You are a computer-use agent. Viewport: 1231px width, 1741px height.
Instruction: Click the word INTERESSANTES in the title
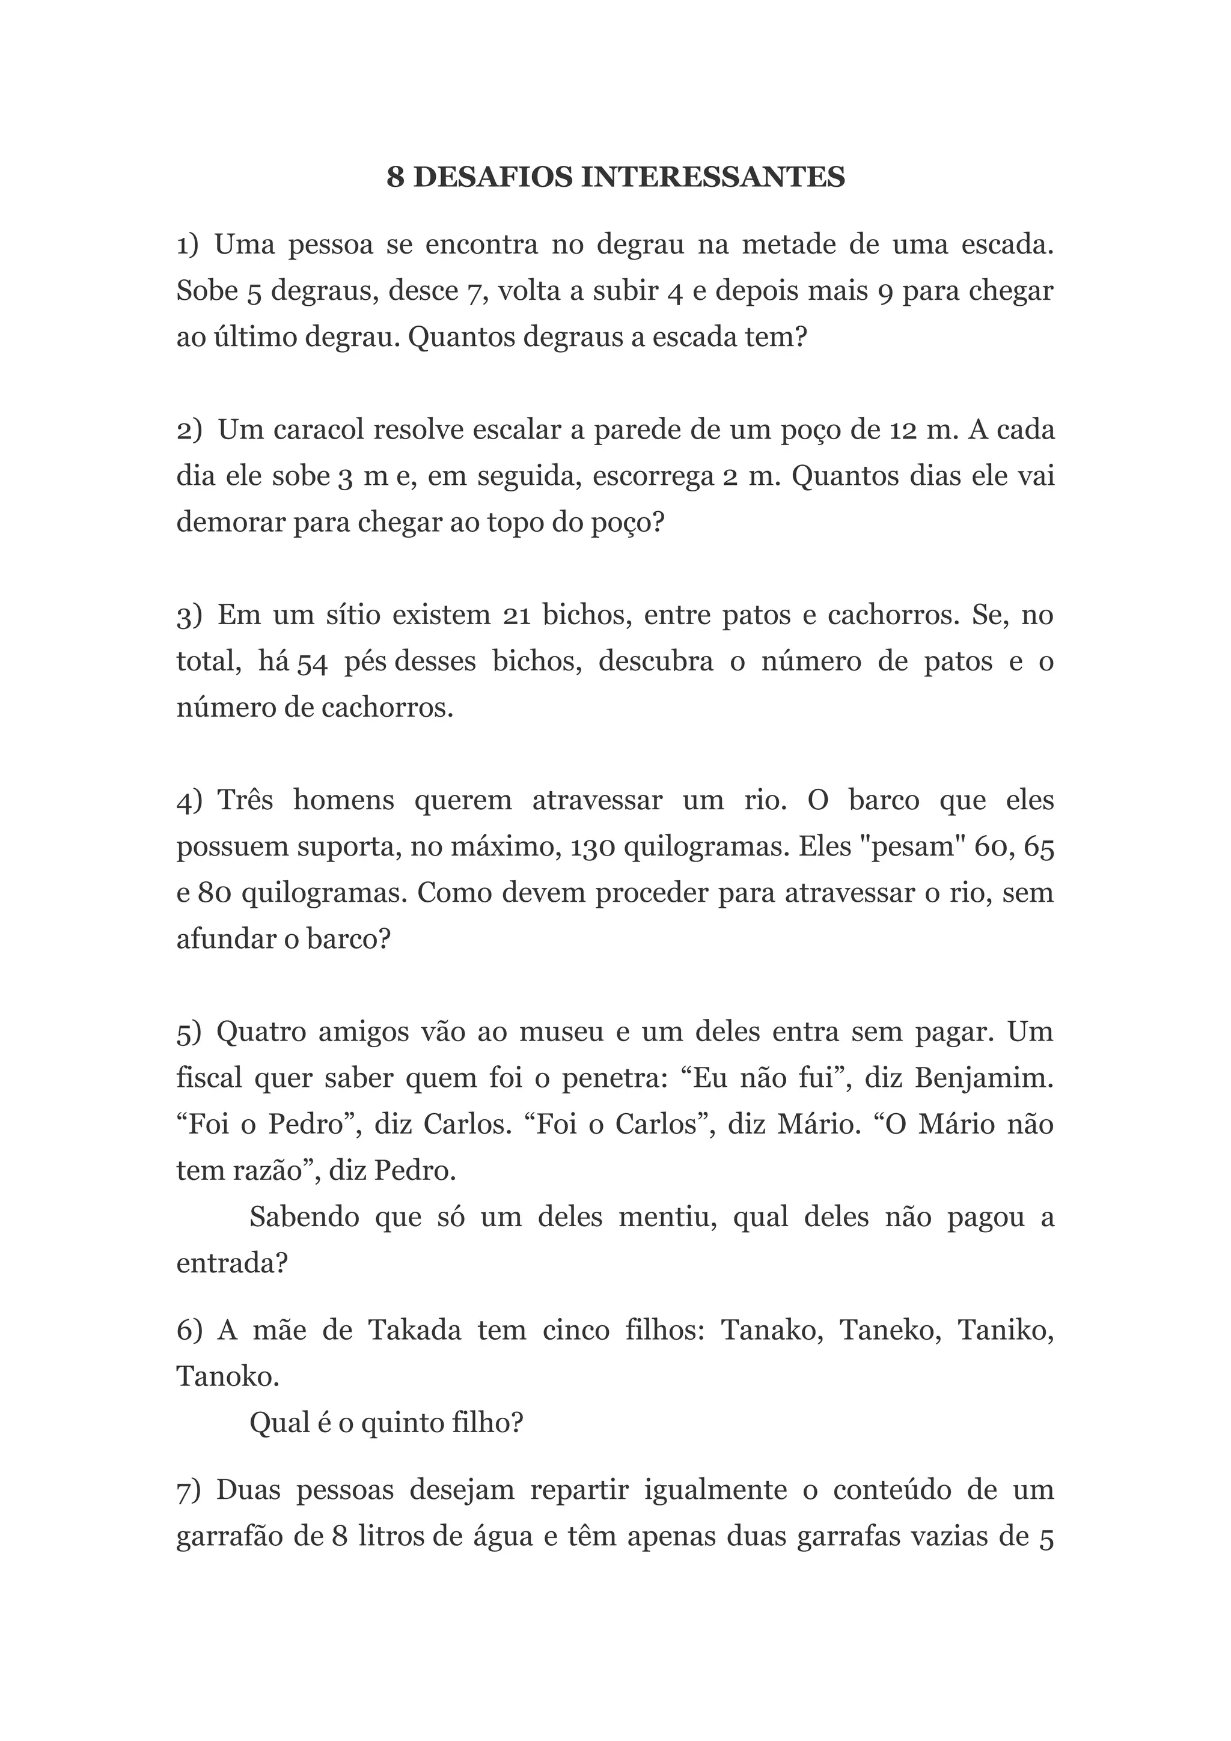point(712,177)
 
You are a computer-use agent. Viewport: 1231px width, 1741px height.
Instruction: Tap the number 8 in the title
point(394,177)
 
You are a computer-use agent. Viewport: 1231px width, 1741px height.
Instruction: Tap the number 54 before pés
point(312,663)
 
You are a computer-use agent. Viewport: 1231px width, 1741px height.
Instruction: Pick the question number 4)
point(189,801)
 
